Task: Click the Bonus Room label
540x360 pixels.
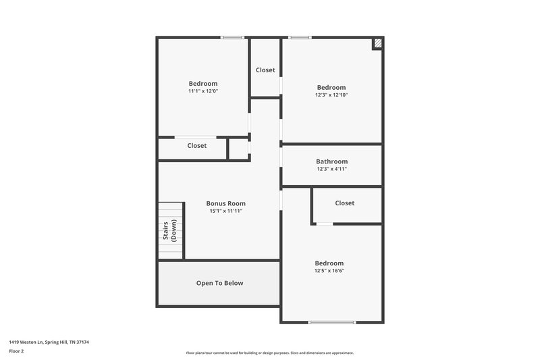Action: point(225,203)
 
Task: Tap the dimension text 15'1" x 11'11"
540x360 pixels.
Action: point(225,211)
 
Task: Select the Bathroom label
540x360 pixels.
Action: point(331,161)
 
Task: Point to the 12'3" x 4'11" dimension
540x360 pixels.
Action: point(331,169)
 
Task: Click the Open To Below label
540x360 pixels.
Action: point(219,283)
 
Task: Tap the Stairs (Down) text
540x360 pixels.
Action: point(169,231)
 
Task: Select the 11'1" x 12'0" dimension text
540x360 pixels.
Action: point(203,91)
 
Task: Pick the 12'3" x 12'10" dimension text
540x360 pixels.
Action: point(331,95)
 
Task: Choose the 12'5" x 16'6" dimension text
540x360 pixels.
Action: point(329,270)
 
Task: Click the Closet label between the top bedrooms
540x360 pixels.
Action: point(265,70)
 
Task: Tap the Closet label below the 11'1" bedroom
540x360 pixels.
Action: point(197,145)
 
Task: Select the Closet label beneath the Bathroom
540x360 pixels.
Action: point(344,203)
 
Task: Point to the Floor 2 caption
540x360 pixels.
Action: point(17,351)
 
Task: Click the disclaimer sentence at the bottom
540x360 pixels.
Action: point(269,353)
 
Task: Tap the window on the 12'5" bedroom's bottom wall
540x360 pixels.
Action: point(332,322)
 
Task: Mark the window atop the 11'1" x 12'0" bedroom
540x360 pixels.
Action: point(233,37)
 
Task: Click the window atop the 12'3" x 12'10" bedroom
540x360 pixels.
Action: point(300,37)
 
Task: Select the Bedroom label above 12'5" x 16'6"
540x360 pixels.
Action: point(329,263)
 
